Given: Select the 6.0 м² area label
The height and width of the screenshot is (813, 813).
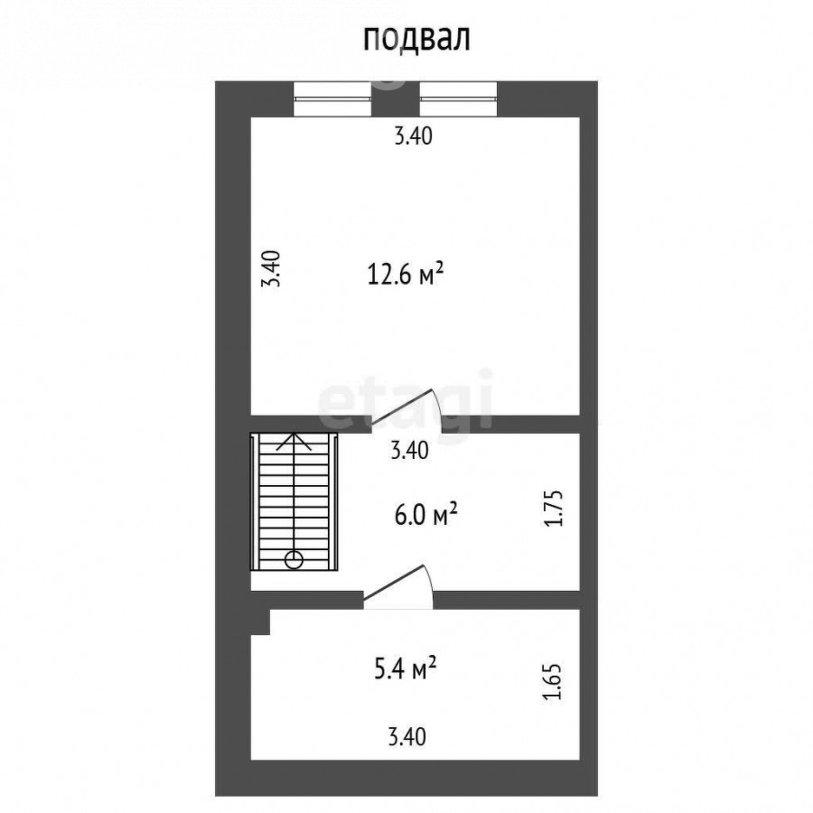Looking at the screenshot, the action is pos(425,516).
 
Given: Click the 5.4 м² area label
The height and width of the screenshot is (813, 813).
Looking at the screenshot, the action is pos(405,668).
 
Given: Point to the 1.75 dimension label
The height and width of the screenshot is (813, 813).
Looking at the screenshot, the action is pos(553,508).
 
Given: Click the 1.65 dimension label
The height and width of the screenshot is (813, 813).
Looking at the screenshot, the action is pos(552,682).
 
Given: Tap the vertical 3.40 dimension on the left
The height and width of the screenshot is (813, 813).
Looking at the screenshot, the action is pos(271,268).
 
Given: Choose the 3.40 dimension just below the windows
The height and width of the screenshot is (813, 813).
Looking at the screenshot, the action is pos(413,136).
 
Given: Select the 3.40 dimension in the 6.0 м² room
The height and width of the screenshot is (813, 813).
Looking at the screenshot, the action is pos(409,450).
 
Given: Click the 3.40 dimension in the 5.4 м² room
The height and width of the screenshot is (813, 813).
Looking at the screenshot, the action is pos(407,737).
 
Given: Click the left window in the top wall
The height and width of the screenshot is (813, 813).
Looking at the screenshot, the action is pos(332,99).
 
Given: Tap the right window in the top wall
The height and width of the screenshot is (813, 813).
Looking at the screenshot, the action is pos(458,99).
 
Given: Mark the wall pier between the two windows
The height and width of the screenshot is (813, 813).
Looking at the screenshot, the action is pos(396,99).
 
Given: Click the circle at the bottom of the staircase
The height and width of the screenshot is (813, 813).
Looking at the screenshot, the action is pos(294,560).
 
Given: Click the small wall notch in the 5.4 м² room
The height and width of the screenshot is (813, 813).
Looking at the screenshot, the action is pos(261,621).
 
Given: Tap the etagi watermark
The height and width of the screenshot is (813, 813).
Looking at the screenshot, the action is pos(405,400).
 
